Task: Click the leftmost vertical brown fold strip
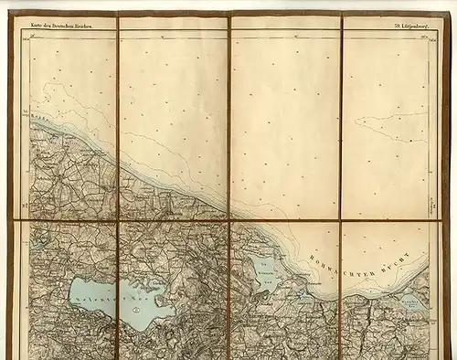(x=118, y=183)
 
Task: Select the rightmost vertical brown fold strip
(x=342, y=183)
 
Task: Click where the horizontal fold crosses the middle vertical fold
(x=229, y=221)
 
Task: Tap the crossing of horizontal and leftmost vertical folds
(x=118, y=221)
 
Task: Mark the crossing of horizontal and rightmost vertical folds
(x=342, y=221)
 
